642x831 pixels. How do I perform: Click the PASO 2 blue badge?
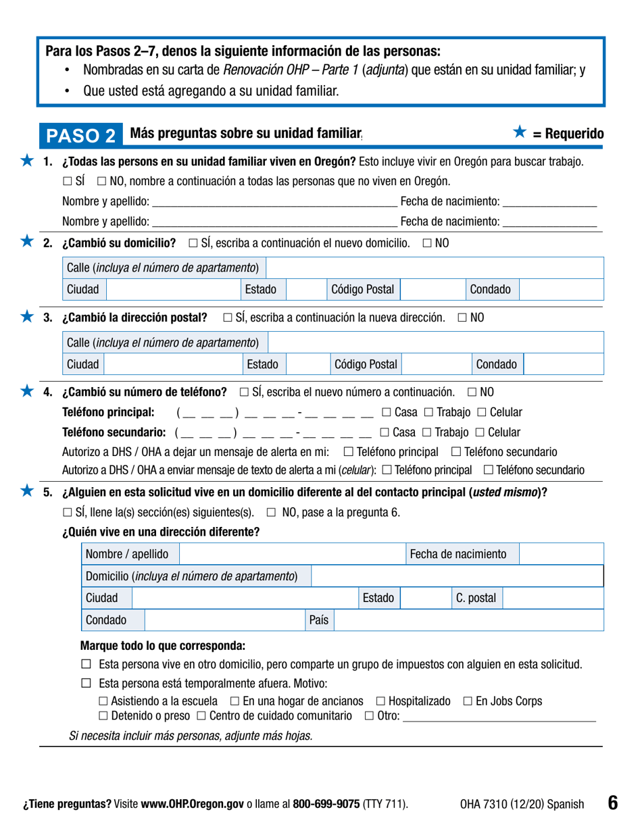point(86,135)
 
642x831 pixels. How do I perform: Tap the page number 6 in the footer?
point(612,803)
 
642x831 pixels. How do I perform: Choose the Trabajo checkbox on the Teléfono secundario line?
point(428,431)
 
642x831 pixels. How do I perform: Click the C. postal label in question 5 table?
point(476,598)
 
